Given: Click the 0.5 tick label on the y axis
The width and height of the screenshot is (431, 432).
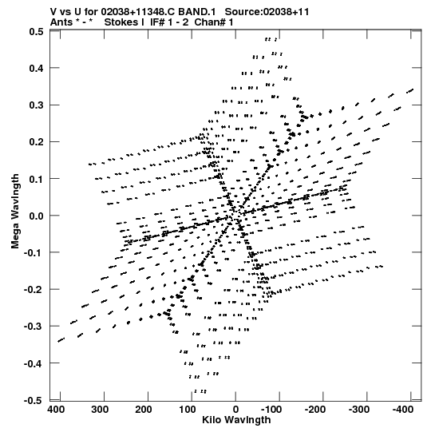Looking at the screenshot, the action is (x=36, y=31).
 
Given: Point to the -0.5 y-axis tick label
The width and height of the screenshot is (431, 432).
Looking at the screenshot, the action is (x=34, y=400).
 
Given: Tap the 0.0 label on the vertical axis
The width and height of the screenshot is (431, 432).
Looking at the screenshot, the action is (x=36, y=216).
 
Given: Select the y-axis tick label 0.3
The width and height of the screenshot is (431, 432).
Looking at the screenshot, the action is (x=36, y=105).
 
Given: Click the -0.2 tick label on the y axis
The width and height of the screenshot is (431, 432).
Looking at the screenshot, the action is (x=34, y=290).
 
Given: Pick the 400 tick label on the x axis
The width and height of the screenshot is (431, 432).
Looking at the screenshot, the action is (x=56, y=410).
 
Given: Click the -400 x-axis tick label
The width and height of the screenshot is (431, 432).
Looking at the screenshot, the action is (x=403, y=410).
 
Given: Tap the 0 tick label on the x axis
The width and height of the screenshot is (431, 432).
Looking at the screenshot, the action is (x=235, y=410).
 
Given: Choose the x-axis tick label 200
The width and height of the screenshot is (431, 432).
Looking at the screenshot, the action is (x=144, y=410).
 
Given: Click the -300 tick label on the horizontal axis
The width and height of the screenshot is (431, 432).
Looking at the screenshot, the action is (x=359, y=410).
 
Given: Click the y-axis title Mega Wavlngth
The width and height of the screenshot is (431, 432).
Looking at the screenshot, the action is (x=15, y=212).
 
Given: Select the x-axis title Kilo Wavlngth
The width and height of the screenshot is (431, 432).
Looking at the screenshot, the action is (x=236, y=420).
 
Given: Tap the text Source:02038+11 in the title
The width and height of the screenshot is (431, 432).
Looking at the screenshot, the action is (x=267, y=12).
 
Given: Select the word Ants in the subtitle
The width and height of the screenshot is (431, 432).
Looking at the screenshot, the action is (x=61, y=22).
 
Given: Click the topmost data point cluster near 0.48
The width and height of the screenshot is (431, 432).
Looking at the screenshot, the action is (x=271, y=40).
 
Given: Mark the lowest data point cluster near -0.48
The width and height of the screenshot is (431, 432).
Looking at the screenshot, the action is (x=200, y=391).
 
